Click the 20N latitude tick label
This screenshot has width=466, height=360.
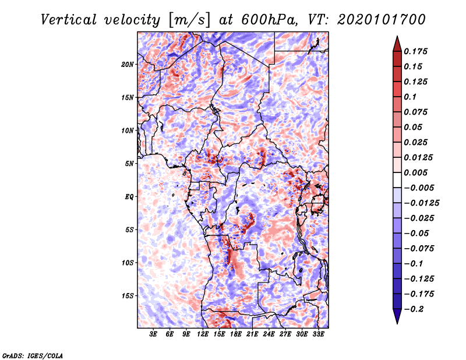[128, 64]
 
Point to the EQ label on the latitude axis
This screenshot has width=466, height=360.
[129, 197]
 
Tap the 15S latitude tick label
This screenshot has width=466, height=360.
[128, 296]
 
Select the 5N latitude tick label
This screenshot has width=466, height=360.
[129, 164]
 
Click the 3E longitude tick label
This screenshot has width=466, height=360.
[154, 335]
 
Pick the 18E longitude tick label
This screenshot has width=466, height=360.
[236, 335]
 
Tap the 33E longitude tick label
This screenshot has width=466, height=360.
[318, 335]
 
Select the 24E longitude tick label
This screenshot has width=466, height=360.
[269, 335]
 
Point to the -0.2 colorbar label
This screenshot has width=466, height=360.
[415, 309]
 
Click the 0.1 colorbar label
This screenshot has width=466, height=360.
[411, 97]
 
